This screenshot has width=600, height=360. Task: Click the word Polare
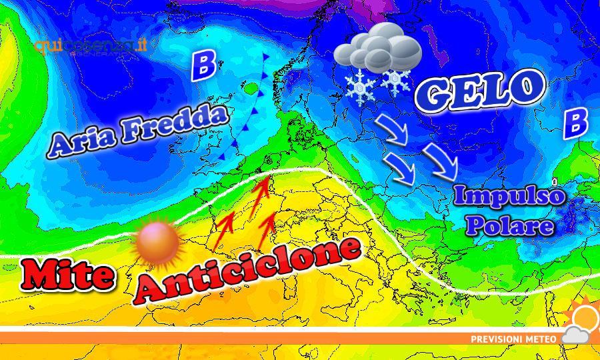click(x=510, y=225)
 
